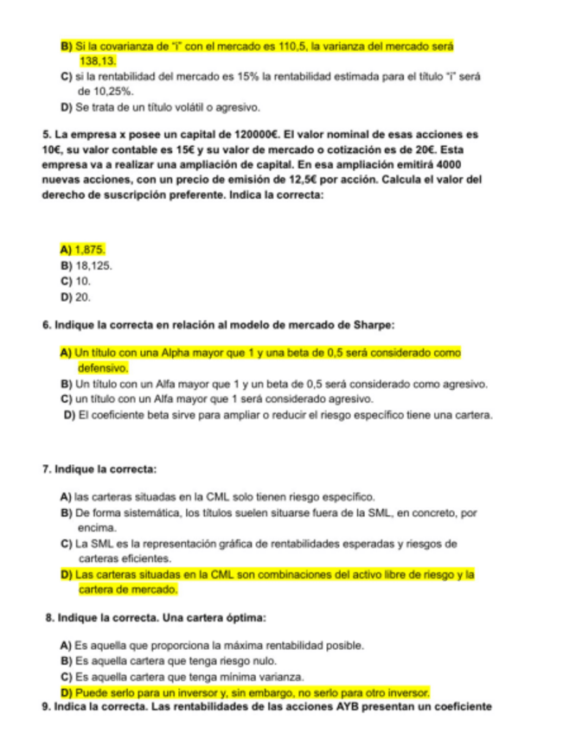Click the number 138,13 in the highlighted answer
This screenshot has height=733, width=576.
coord(98,61)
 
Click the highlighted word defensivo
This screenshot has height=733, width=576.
coord(104,367)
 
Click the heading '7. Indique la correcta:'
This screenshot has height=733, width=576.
coord(99,468)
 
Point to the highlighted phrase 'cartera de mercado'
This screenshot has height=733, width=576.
coord(128,590)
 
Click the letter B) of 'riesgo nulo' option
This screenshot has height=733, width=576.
coord(65,660)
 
